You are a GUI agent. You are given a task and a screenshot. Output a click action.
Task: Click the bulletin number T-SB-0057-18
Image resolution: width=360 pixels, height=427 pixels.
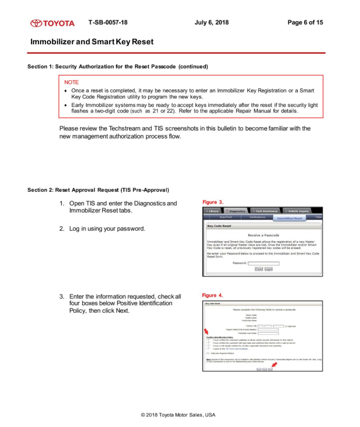[108, 23]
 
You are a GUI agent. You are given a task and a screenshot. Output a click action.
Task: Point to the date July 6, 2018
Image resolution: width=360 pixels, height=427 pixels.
[211, 23]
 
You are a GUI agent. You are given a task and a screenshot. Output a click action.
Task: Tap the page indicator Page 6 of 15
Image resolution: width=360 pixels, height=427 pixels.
[305, 23]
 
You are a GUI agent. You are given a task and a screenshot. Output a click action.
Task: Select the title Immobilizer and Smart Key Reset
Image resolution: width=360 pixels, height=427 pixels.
[92, 42]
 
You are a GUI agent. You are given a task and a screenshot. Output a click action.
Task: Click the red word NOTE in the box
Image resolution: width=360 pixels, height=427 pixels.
[71, 82]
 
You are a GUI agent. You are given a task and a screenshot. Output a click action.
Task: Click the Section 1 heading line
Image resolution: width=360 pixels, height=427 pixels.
[118, 67]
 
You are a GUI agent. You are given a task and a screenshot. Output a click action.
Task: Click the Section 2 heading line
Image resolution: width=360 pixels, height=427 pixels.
[98, 190]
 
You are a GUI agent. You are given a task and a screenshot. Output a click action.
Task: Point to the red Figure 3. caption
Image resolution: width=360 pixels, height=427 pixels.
[213, 202]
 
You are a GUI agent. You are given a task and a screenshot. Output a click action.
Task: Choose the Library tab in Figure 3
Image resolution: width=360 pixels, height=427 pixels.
[212, 211]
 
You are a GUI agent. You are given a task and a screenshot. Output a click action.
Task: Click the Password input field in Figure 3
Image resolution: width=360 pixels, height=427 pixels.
[264, 263]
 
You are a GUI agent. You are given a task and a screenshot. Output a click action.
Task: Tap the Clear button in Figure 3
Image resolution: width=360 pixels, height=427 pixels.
[259, 269]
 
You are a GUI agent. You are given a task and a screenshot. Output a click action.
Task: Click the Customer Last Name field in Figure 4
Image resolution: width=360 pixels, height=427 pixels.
[268, 333]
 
